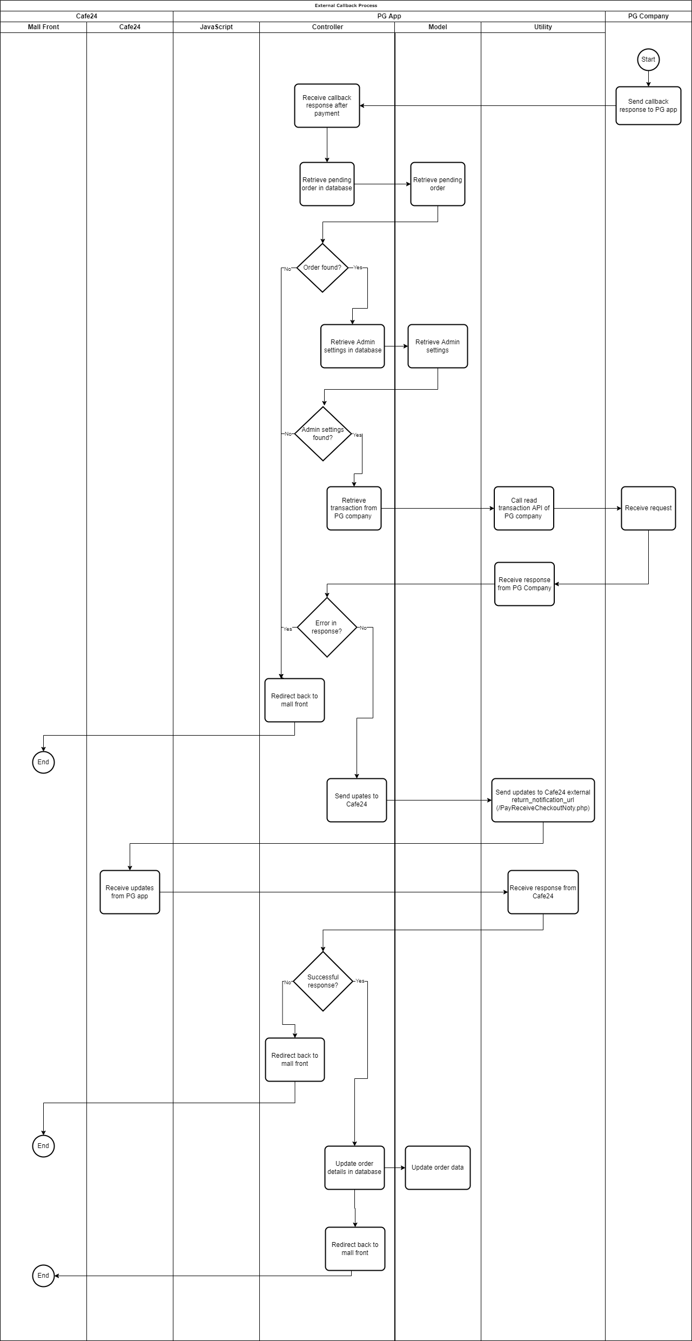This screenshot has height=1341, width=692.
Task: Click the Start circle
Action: point(648,59)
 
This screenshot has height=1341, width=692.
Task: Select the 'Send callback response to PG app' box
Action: point(648,105)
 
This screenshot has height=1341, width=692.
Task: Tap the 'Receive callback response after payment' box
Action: point(327,105)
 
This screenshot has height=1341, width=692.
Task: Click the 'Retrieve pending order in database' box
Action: point(327,184)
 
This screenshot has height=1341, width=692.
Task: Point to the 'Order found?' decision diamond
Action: point(323,268)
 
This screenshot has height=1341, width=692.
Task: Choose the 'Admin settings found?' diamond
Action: point(323,433)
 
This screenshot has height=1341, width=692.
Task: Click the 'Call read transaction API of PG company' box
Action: point(524,508)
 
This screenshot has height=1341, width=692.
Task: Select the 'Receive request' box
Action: point(648,508)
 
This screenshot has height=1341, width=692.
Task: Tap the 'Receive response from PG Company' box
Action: point(525,584)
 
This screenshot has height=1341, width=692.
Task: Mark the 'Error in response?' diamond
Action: point(327,627)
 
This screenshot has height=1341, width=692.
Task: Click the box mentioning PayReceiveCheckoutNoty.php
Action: point(543,800)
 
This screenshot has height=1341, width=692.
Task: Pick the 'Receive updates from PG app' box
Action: point(130,892)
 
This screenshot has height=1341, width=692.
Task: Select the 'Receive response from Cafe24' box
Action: point(543,892)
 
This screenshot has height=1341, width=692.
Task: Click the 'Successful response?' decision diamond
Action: point(323,981)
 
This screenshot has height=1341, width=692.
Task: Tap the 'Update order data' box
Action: point(438,1167)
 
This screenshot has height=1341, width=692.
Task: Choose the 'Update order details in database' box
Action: point(354,1167)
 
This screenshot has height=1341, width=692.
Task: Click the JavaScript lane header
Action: point(216,27)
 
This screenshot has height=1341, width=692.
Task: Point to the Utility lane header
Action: point(543,27)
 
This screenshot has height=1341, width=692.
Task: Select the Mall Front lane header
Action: point(43,27)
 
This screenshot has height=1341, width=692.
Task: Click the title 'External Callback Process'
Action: point(346,5)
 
